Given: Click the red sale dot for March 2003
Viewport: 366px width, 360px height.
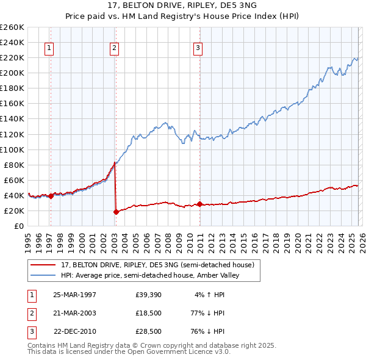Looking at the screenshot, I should [116, 212].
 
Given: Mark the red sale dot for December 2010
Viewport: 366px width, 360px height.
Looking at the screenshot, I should [199, 204].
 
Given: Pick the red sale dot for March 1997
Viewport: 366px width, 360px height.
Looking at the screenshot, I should [51, 196].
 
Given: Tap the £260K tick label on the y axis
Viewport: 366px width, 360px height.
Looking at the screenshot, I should [12, 27].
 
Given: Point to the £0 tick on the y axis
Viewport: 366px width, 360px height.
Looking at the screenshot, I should [20, 226].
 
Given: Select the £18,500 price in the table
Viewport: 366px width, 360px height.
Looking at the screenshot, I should [149, 313].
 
